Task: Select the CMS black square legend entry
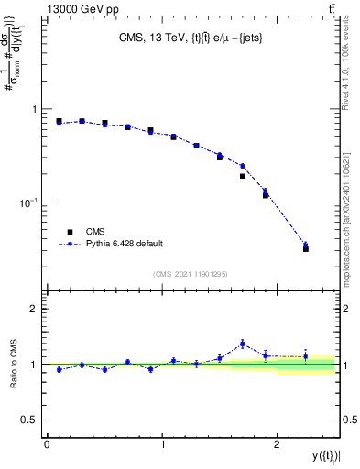[x=68, y=232]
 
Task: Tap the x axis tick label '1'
[x=162, y=444]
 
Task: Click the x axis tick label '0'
[x=47, y=444]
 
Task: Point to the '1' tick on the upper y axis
[x=34, y=109]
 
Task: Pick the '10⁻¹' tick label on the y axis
[x=29, y=202]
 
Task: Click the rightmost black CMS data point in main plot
[x=306, y=248]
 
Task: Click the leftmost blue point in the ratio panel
[x=59, y=369]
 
